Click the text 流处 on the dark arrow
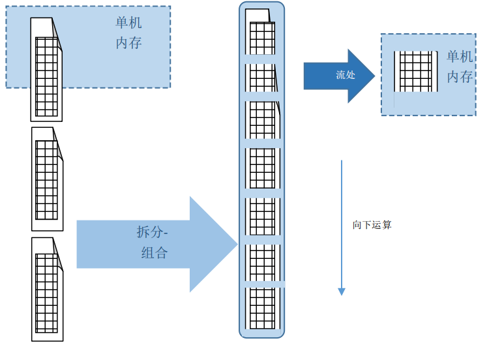(346, 75)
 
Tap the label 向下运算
(372, 225)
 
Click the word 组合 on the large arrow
(155, 253)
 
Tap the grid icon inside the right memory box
(415, 72)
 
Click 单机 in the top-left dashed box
(128, 23)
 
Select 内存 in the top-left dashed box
(128, 44)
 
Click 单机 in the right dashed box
(460, 57)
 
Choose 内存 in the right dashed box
(460, 77)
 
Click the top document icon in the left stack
(47, 69)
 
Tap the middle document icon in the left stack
(47, 179)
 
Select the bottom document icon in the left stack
(47, 289)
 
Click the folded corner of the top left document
(57, 26)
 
